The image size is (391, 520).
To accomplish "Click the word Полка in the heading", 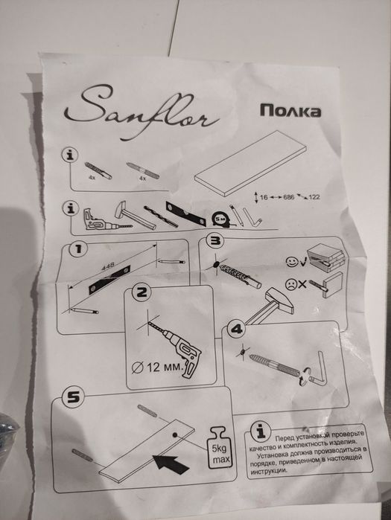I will point(290,112).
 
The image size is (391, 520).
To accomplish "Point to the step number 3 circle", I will point(216,242).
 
